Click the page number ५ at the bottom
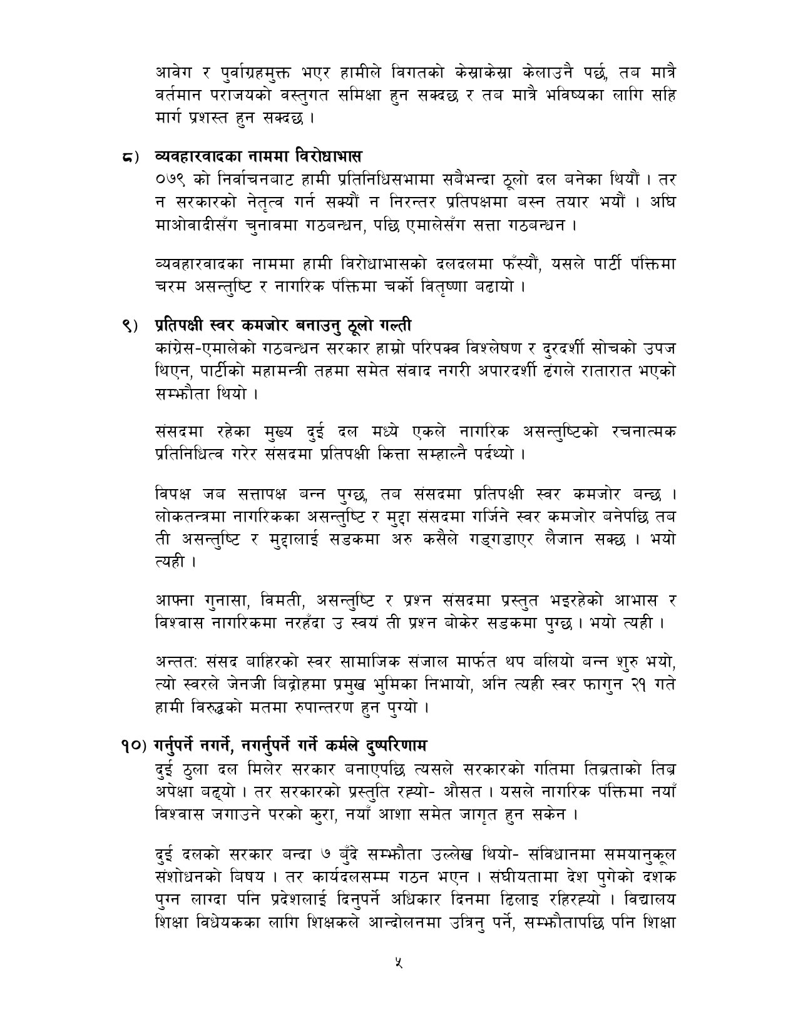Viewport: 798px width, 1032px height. coord(399,964)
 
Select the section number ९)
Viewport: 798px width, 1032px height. coord(131,325)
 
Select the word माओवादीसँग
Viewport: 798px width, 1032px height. coord(201,225)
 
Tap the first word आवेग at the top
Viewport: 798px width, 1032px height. coord(175,73)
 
